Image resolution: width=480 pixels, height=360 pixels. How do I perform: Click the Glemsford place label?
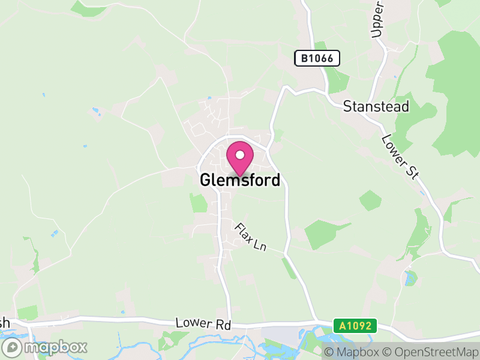[240, 180]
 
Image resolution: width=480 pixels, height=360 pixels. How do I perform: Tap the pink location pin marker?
[239, 158]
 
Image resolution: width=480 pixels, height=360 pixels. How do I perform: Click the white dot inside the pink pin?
[239, 155]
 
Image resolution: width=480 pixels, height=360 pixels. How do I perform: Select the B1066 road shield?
[317, 58]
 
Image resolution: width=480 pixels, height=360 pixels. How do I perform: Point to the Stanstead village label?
[376, 107]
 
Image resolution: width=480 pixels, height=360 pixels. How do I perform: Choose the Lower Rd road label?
[203, 323]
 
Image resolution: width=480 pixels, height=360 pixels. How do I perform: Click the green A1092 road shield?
[355, 326]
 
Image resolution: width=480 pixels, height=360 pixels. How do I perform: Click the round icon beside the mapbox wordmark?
[13, 347]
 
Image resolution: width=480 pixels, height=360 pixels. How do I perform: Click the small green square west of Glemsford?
[198, 203]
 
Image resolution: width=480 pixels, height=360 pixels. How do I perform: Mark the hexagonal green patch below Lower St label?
[370, 200]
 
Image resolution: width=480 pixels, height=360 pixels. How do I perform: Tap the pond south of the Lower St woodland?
[410, 278]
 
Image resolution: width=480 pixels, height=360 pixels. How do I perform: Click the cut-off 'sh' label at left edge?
[5, 323]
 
